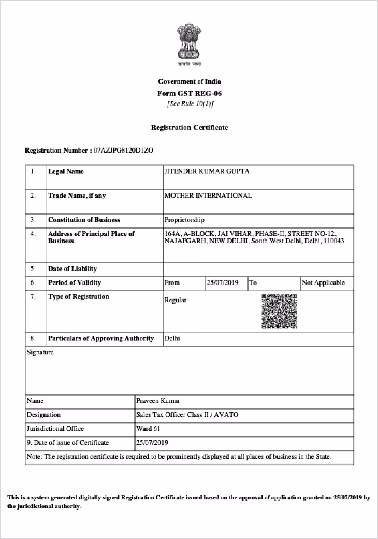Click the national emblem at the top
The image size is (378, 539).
[189, 42]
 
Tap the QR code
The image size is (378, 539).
[279, 311]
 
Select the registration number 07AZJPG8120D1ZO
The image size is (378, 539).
[123, 151]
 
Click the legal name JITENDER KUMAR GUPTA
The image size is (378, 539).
[207, 171]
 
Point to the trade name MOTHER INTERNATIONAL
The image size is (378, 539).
[208, 196]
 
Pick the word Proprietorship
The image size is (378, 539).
[184, 220]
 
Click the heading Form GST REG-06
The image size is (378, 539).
[189, 93]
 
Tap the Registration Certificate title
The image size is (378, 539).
[189, 127]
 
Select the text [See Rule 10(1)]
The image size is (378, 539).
[190, 103]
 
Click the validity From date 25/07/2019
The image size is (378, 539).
[223, 282]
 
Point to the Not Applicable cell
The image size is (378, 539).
[323, 282]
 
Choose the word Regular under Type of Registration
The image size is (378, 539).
[176, 300]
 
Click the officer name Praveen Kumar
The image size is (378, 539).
[158, 401]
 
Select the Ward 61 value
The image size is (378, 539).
[147, 429]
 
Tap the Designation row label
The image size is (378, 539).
[43, 415]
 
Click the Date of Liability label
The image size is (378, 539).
[72, 268]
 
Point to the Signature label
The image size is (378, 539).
[40, 352]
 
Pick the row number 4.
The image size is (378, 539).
[33, 234]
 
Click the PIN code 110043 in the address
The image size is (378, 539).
[333, 241]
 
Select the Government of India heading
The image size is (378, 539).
[189, 81]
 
